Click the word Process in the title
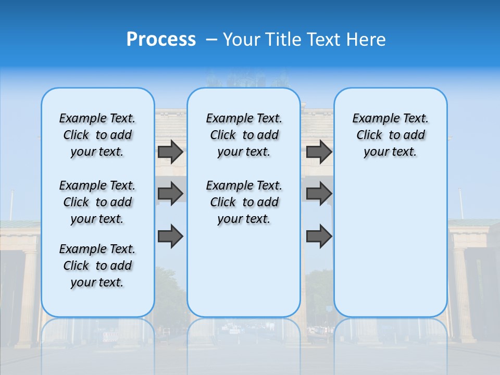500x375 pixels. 161,40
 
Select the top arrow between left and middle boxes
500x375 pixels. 170,152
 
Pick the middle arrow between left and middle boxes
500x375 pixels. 170,194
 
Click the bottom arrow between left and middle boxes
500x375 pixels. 170,236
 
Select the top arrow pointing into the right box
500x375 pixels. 319,152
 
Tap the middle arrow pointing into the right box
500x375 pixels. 319,194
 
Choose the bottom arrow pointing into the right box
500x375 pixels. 319,236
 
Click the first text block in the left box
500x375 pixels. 97,135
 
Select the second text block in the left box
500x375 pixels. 97,202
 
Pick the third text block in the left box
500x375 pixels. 97,266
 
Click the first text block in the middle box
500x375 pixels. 244,135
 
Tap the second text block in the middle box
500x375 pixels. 244,202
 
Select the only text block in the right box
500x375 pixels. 390,135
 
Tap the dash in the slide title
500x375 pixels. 211,40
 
